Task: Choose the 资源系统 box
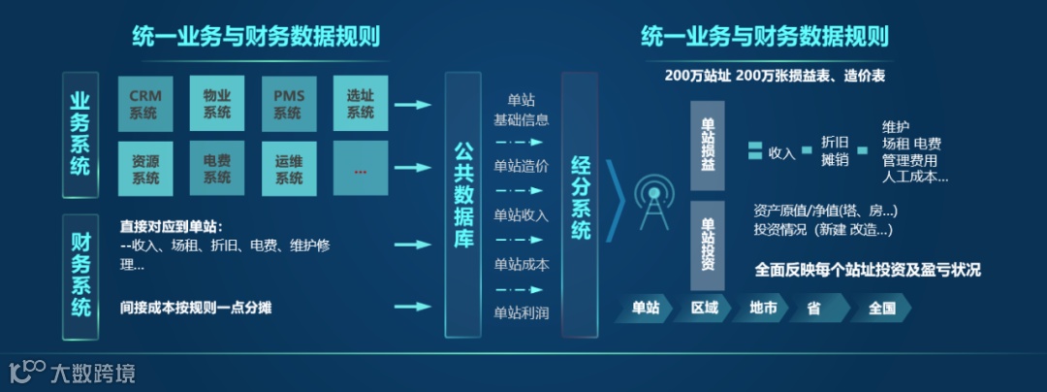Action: pos(145,169)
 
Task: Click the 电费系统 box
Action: pos(217,169)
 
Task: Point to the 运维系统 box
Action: pos(288,169)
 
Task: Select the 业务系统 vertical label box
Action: pos(80,135)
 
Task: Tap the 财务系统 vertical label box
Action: pos(80,275)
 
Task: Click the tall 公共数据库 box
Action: pos(463,205)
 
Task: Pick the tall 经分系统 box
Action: pos(580,205)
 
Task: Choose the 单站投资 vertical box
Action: pos(707,245)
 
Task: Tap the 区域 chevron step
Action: pos(705,309)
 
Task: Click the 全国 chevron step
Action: pos(882,309)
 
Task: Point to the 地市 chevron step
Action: pos(764,309)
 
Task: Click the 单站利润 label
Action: pos(521,312)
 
